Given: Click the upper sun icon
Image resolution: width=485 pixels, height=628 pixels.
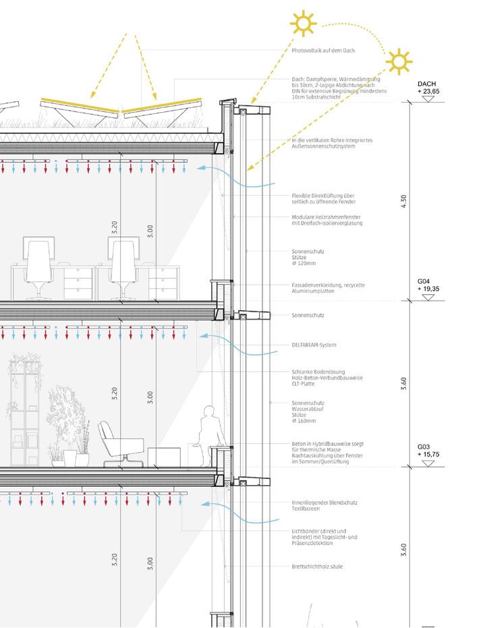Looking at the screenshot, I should [303, 24].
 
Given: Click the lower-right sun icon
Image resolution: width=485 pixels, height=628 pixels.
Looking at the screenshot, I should [398, 62].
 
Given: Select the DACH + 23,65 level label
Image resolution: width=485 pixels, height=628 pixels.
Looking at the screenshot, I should [428, 87].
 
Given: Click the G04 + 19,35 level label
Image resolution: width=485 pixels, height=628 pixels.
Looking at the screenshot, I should [428, 284].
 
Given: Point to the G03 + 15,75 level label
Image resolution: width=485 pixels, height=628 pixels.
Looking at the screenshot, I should [428, 451].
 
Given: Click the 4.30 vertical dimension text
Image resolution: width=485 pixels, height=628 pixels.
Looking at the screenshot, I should [404, 200].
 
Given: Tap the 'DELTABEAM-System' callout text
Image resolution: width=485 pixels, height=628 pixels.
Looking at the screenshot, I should [314, 345].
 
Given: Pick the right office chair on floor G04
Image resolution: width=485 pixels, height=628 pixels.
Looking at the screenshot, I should [125, 267].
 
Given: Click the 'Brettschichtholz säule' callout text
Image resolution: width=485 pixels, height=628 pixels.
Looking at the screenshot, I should [317, 567].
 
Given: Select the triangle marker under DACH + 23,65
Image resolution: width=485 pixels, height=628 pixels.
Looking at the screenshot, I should [428, 98].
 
